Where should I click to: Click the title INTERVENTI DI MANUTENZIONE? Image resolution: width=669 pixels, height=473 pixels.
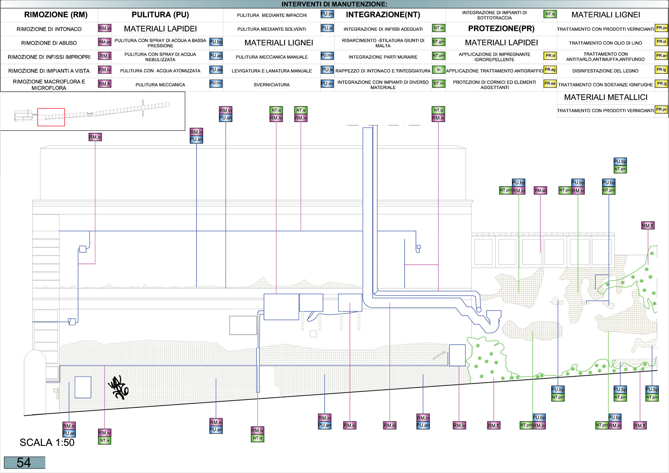click(x=334, y=4)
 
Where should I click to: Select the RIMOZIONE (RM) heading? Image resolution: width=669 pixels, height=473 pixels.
click(x=56, y=15)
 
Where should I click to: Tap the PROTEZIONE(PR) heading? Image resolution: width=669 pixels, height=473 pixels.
click(x=501, y=28)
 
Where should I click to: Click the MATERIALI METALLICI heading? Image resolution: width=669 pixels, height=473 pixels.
click(x=606, y=97)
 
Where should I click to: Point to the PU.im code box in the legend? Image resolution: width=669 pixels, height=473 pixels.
click(x=327, y=14)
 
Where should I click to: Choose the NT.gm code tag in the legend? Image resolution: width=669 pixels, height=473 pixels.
click(x=438, y=42)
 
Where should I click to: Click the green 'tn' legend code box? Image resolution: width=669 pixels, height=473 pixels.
click(x=438, y=70)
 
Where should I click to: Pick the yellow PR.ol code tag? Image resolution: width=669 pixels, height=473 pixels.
click(x=661, y=42)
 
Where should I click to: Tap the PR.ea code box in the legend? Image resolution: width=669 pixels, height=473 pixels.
click(x=550, y=84)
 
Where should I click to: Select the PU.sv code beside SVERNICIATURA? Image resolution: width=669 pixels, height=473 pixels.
click(x=327, y=84)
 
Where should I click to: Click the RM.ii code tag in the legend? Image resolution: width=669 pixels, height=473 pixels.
click(x=105, y=56)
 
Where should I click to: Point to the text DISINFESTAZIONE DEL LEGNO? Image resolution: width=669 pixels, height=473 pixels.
click(x=605, y=71)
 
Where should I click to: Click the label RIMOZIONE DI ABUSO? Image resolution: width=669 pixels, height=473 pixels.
click(x=49, y=43)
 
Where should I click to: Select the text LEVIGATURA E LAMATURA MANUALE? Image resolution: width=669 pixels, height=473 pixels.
click(x=271, y=71)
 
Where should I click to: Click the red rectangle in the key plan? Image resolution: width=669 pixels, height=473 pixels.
click(x=51, y=117)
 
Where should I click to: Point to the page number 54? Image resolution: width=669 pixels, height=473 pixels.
click(x=24, y=463)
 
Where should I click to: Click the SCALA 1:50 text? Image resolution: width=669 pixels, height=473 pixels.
click(x=47, y=442)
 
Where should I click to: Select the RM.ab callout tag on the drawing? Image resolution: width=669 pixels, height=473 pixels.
click(x=540, y=190)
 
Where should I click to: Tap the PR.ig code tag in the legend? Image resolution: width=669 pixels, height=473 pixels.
click(x=661, y=84)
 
